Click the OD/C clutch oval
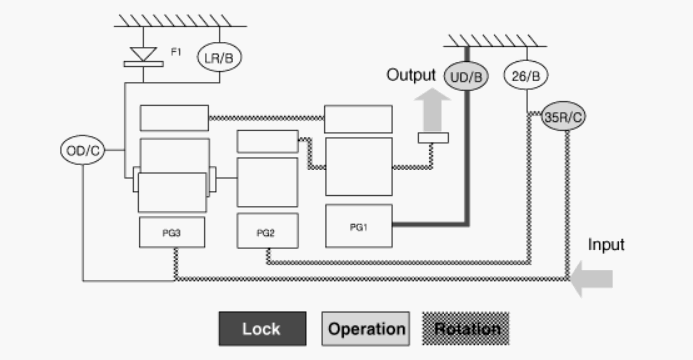pyautogui.click(x=83, y=150)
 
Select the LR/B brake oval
pyautogui.click(x=219, y=57)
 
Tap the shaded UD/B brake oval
pyautogui.click(x=466, y=76)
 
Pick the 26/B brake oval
pyautogui.click(x=526, y=75)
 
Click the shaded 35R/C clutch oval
pyautogui.click(x=563, y=116)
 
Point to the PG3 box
pyautogui.click(x=172, y=232)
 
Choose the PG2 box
pyautogui.click(x=267, y=231)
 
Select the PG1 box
pyautogui.click(x=358, y=226)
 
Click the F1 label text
pyautogui.click(x=176, y=52)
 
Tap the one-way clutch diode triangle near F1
pyautogui.click(x=143, y=54)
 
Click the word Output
pyautogui.click(x=411, y=75)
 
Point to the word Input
pyautogui.click(x=606, y=245)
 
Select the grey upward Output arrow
pyautogui.click(x=432, y=110)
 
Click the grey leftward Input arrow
pyautogui.click(x=591, y=279)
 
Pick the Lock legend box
pyautogui.click(x=263, y=329)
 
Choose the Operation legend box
pyautogui.click(x=366, y=329)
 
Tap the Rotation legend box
pyautogui.click(x=466, y=329)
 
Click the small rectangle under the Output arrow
pyautogui.click(x=433, y=138)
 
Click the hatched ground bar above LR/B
pyautogui.click(x=180, y=21)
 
